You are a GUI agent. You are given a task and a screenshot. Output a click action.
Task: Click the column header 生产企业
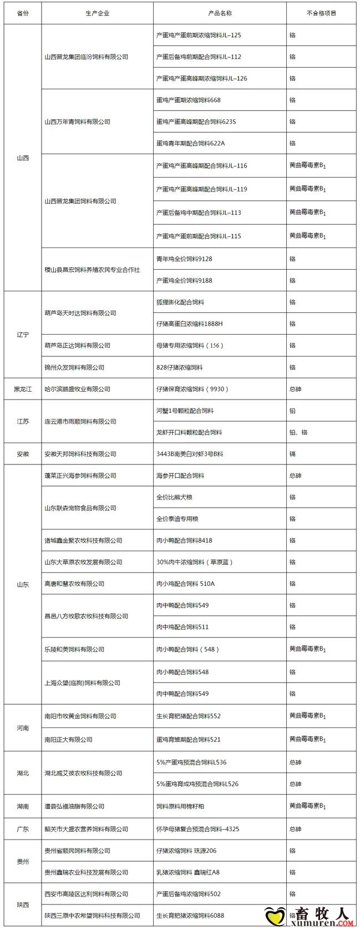pyautogui.click(x=97, y=13)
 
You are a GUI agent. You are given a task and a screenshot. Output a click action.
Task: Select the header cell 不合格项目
pyautogui.click(x=321, y=13)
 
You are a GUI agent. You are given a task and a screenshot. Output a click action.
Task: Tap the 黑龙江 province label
pyautogui.click(x=23, y=389)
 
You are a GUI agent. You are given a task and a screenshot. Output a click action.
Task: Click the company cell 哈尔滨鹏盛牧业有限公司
pyautogui.click(x=77, y=389)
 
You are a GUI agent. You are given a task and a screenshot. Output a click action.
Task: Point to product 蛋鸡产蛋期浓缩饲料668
pyautogui.click(x=189, y=100)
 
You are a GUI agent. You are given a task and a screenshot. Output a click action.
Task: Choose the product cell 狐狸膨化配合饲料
pyautogui.click(x=180, y=302)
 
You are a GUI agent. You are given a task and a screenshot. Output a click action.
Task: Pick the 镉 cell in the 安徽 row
pyautogui.click(x=292, y=454)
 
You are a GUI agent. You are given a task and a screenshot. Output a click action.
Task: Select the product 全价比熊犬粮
pyautogui.click(x=174, y=497)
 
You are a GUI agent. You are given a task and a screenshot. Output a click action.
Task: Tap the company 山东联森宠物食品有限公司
pyautogui.click(x=80, y=508)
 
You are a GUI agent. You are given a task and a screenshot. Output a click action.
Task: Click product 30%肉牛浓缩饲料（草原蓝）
pyautogui.click(x=195, y=562)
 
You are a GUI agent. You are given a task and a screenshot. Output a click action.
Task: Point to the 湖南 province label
pyautogui.click(x=23, y=806)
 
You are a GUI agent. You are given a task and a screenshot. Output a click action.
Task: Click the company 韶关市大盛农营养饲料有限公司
pyautogui.click(x=86, y=829)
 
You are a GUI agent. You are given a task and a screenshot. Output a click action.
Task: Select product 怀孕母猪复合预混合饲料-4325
pyautogui.click(x=198, y=829)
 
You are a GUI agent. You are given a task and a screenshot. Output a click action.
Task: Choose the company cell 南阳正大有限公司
pyautogui.click(x=68, y=739)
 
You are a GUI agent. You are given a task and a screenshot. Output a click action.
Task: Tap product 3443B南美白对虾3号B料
pyautogui.click(x=190, y=454)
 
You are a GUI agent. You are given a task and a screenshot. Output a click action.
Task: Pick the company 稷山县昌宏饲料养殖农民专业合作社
pyautogui.click(x=92, y=270)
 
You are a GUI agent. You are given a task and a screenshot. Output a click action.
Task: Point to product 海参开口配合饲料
pyautogui.click(x=180, y=476)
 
